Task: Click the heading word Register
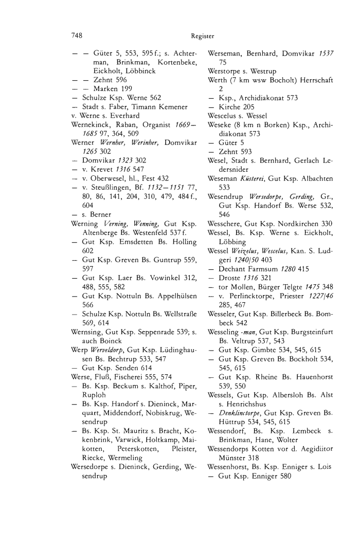point(202,37)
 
